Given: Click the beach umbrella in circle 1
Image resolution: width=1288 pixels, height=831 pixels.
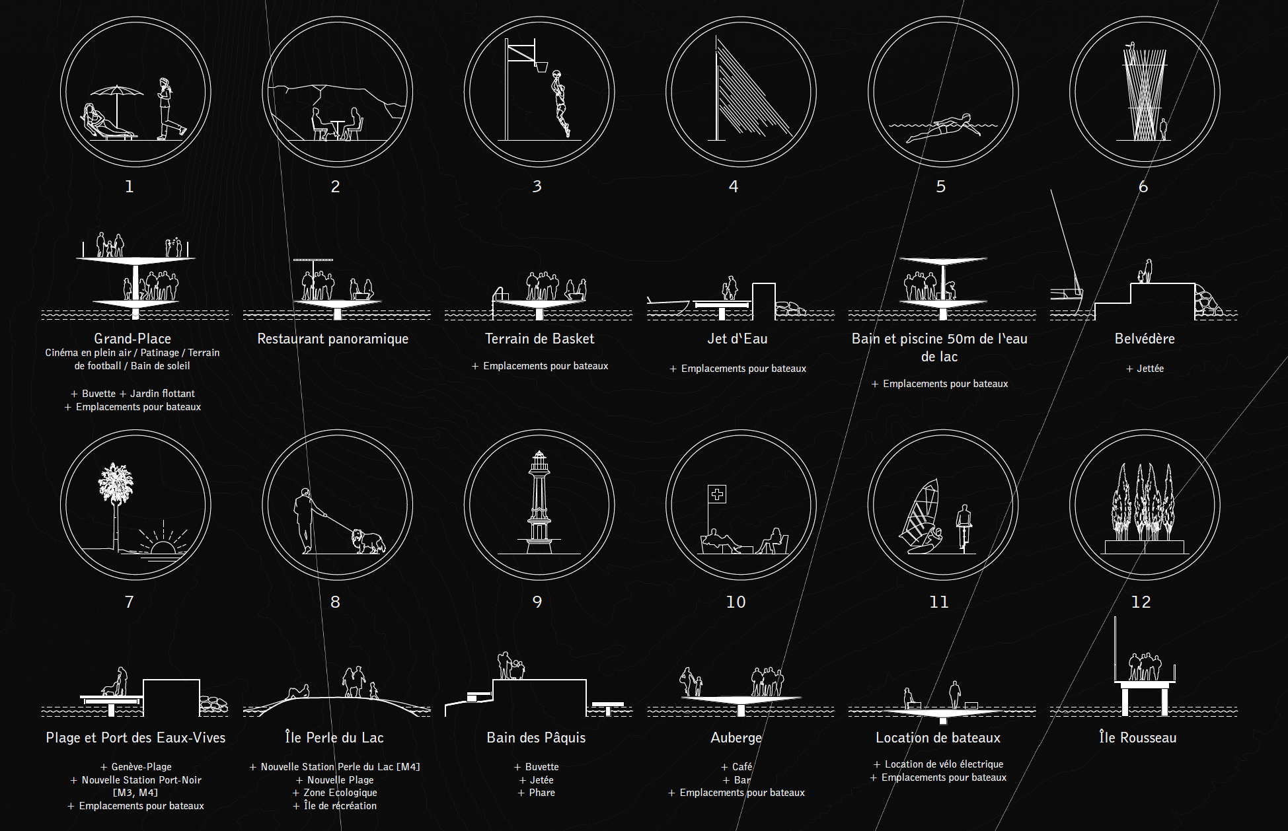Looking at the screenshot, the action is click(x=117, y=99).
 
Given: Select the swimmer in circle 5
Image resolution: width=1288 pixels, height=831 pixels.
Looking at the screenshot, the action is click(x=938, y=128).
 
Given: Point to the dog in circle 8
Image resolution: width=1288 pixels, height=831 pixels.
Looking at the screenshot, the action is click(x=368, y=540).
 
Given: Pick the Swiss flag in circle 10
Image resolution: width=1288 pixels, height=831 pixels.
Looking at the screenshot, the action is click(x=717, y=494).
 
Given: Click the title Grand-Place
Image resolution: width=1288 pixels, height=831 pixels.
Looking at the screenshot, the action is click(x=133, y=338).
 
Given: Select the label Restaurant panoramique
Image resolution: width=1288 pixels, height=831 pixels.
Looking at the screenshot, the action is click(x=332, y=339).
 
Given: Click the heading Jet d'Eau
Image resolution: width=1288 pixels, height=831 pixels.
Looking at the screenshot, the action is click(x=738, y=339).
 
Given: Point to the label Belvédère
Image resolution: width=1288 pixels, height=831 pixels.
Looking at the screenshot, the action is click(x=1145, y=339).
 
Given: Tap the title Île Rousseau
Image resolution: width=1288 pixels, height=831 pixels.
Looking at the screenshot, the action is click(x=1138, y=737).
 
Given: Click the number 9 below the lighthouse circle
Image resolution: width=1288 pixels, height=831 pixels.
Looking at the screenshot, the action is click(x=537, y=602).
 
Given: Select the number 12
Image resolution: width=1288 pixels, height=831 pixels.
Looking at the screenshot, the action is click(x=1141, y=602).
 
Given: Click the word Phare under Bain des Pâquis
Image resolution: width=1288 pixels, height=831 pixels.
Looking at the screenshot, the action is click(x=542, y=793).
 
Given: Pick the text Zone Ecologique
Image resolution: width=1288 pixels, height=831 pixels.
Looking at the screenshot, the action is click(x=340, y=793).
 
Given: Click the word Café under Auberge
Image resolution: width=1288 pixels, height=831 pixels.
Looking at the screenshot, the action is click(x=742, y=767).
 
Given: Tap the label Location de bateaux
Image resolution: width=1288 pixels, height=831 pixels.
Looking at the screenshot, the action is click(x=938, y=737).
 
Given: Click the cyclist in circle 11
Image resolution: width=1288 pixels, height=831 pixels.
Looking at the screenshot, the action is click(x=964, y=528).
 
